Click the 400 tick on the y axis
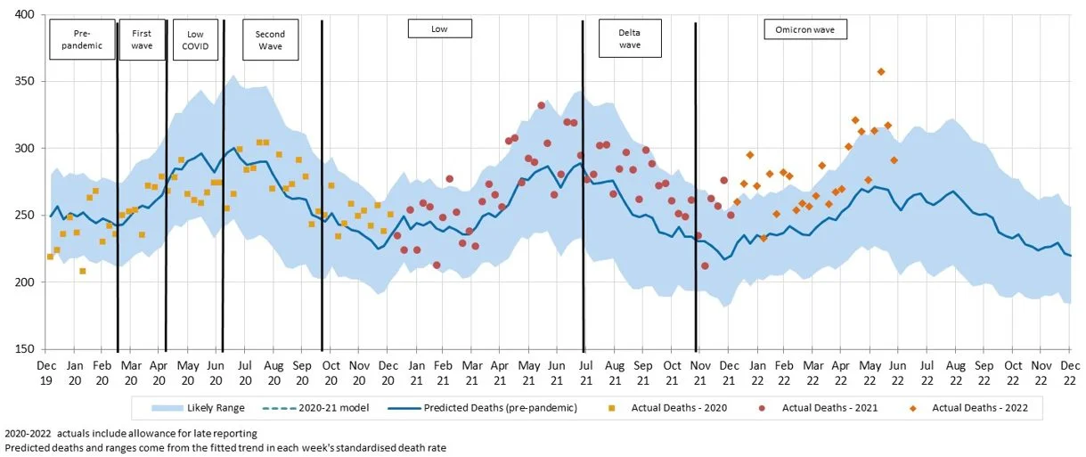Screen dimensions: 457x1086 point(23,15)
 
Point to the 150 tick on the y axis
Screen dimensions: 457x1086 point(23,349)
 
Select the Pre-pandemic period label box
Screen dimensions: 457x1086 point(82,39)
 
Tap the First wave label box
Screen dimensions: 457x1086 point(142,39)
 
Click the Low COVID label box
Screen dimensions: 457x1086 point(193,39)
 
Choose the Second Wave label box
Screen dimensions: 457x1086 point(270,39)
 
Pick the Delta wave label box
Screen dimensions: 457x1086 point(630,39)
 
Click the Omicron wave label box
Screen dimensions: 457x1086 point(805,29)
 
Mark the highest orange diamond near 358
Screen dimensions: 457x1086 point(881,71)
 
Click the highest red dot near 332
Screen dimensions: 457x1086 point(541,105)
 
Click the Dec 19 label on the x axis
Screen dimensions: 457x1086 point(47,372)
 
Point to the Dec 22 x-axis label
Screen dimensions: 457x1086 point(1070,372)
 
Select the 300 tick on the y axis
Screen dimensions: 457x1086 point(23,149)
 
